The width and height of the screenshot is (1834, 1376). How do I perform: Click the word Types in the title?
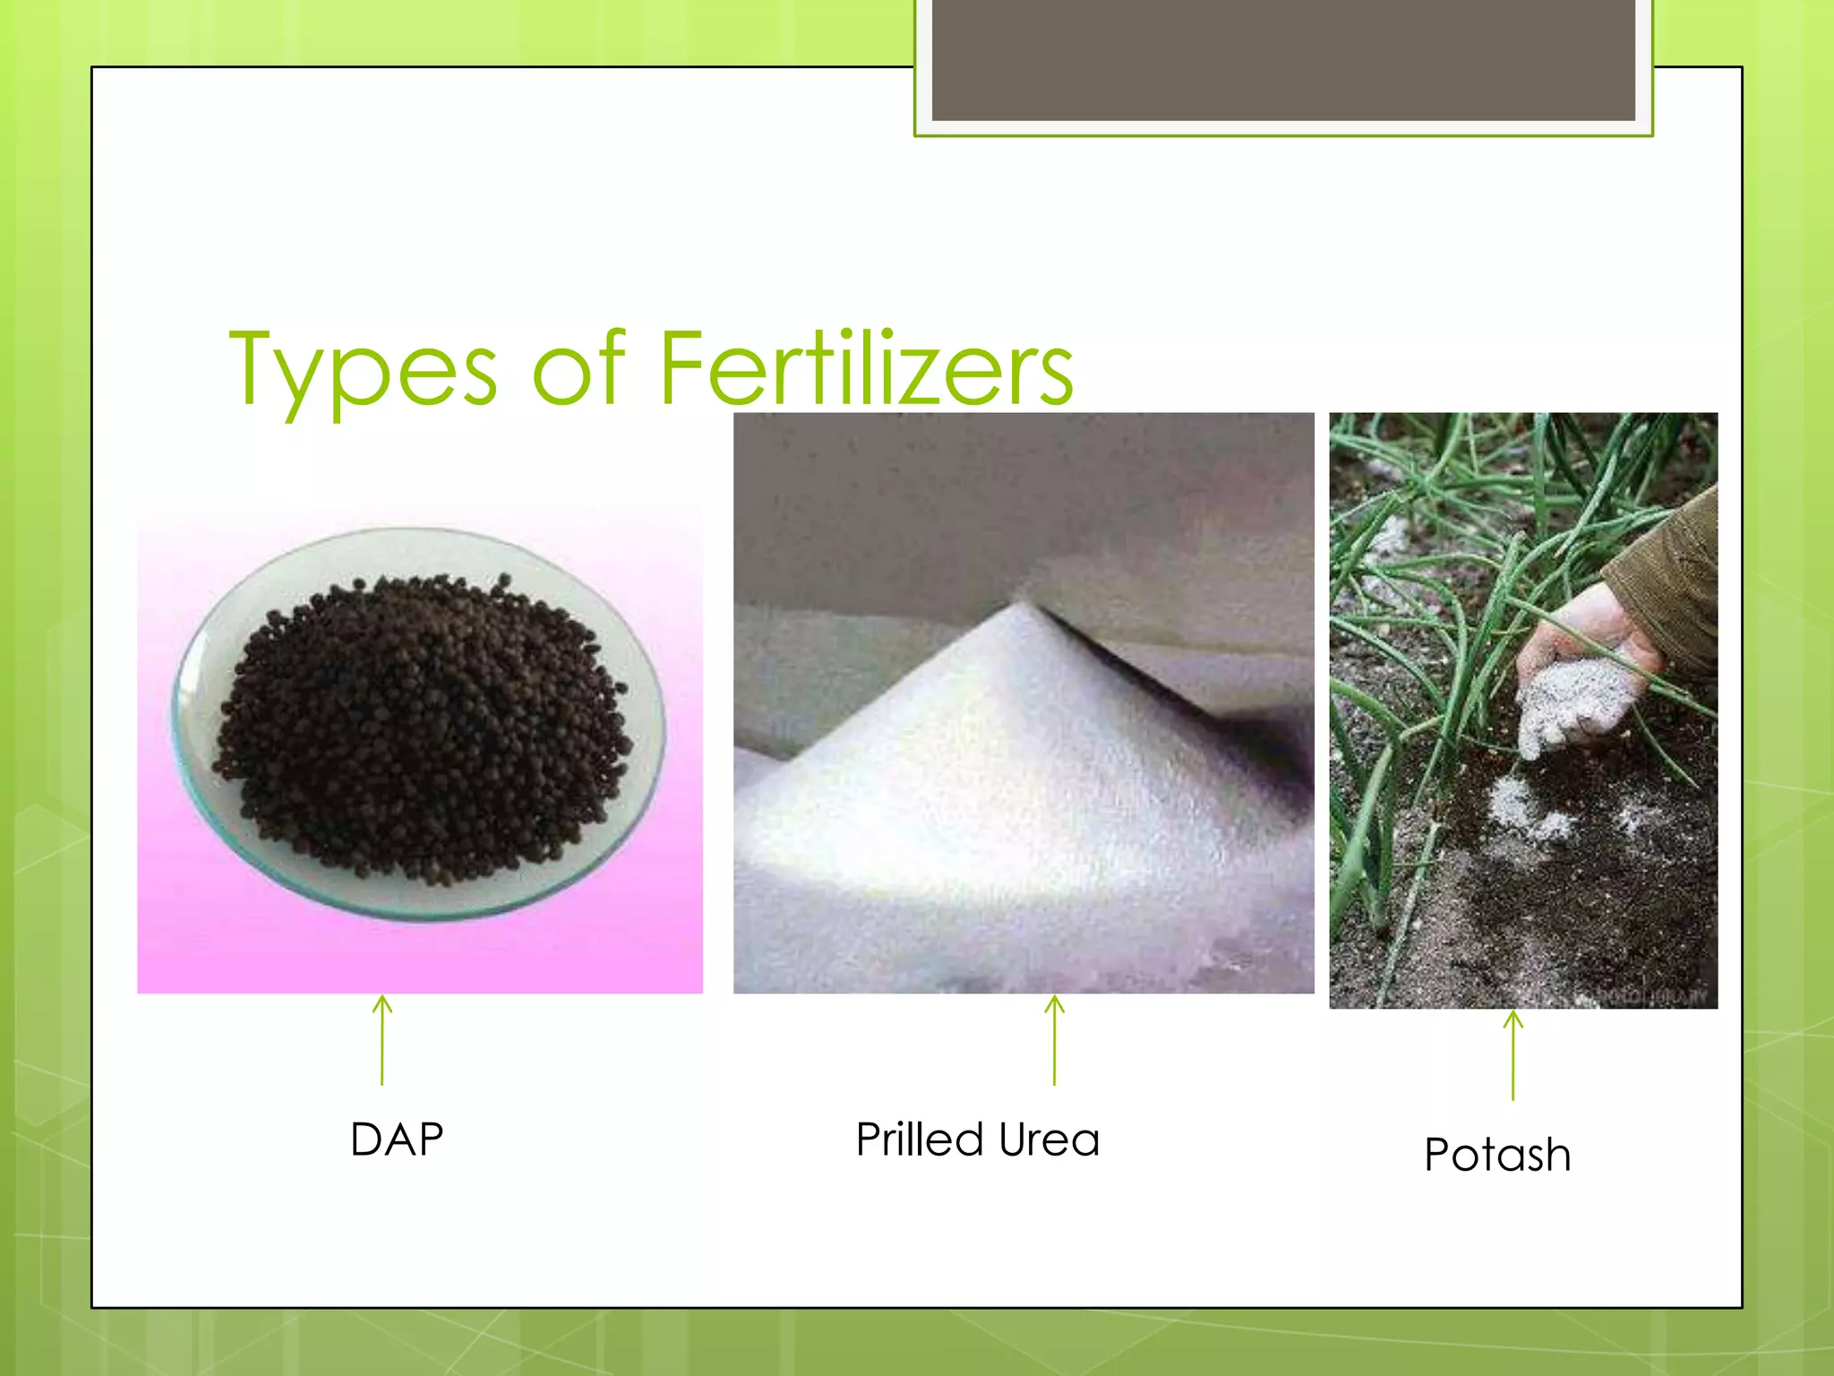tap(363, 369)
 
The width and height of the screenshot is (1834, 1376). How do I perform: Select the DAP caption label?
tap(397, 1139)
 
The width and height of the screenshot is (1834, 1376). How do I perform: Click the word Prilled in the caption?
tap(920, 1139)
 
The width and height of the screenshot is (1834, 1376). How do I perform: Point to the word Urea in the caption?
tap(1049, 1140)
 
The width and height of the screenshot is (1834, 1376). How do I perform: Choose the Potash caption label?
tap(1497, 1155)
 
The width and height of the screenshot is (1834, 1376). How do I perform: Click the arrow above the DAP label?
tap(382, 1039)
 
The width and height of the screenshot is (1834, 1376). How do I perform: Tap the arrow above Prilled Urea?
tap(1055, 1039)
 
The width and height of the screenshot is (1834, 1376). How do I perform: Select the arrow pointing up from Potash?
tap(1513, 1054)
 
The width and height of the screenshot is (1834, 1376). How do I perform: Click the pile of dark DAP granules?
tap(421, 726)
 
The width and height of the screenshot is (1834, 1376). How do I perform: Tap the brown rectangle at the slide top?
tap(1283, 60)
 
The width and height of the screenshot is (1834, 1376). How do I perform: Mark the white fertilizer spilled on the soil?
tap(1522, 806)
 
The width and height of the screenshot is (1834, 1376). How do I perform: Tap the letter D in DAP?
tap(366, 1139)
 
